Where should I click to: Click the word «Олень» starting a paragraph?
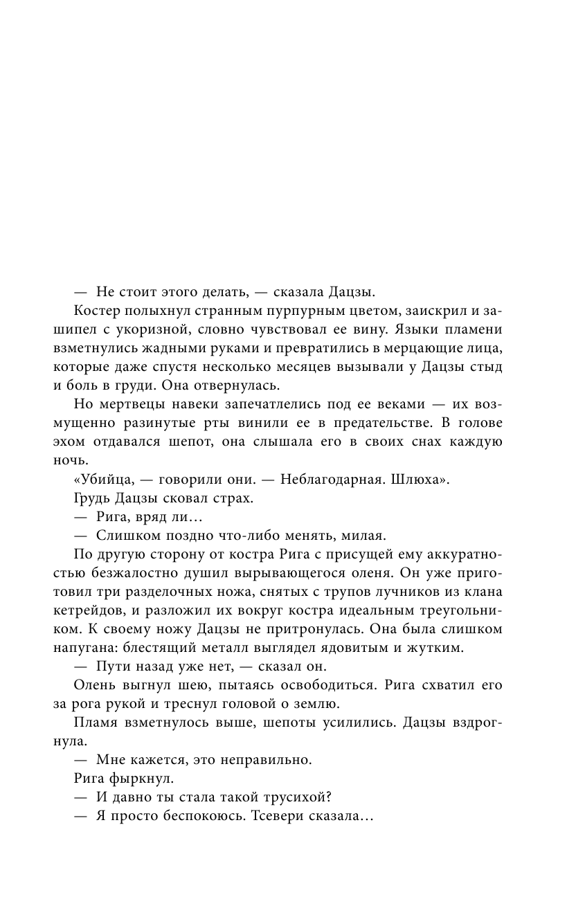pyautogui.click(x=91, y=685)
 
